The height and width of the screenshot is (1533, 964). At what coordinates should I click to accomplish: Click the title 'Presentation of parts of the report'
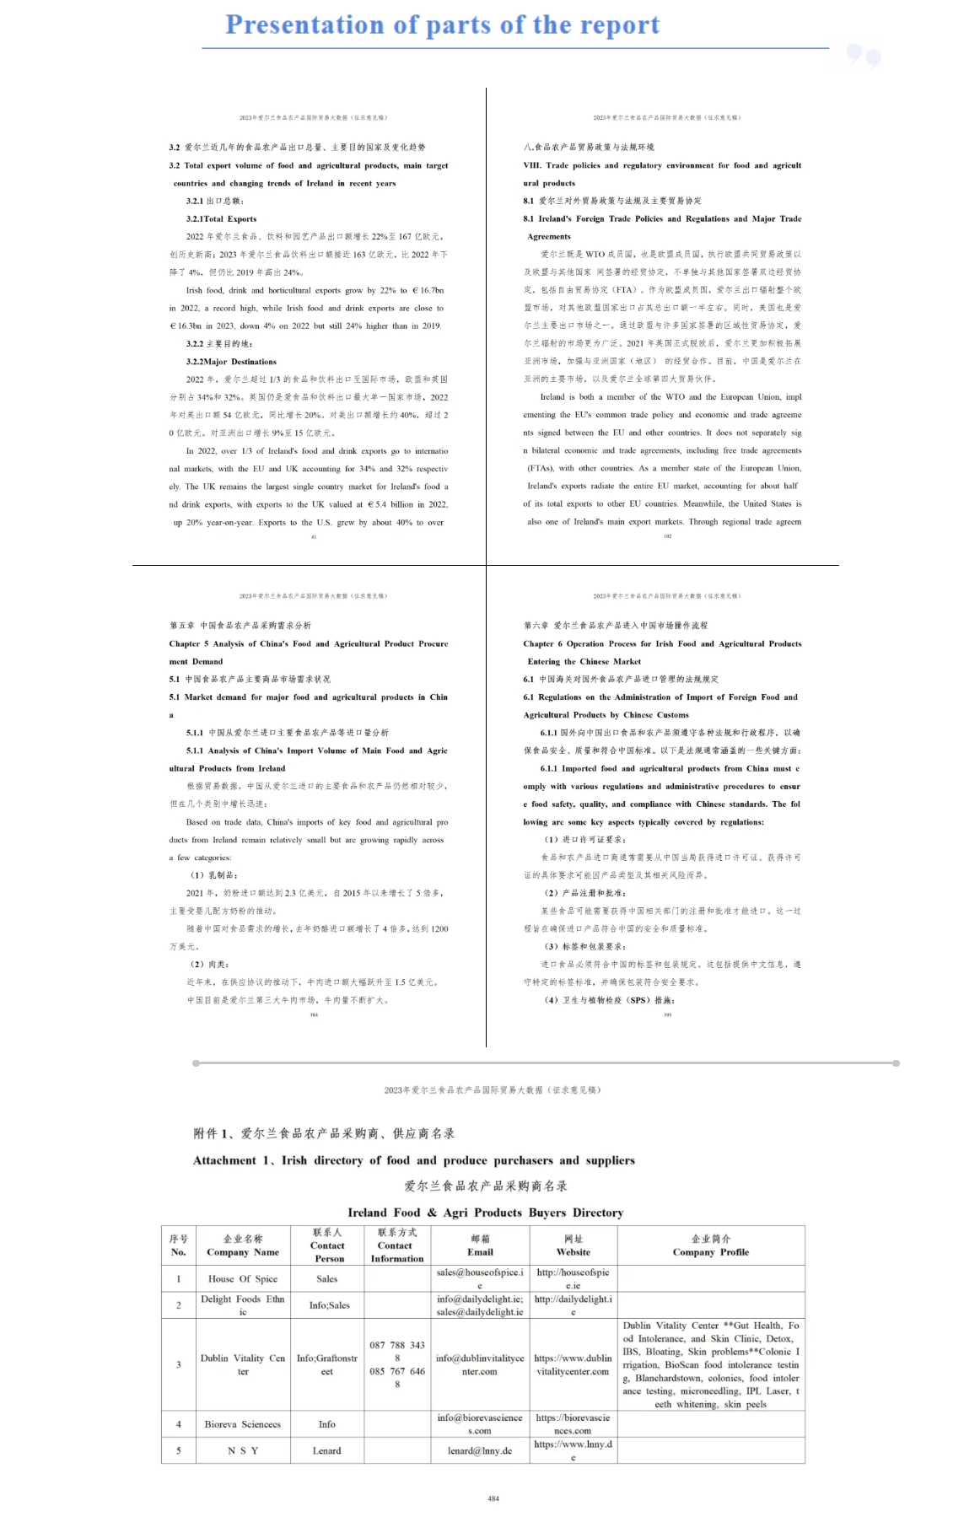tap(442, 25)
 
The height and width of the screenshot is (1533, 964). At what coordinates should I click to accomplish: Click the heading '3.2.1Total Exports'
tap(221, 218)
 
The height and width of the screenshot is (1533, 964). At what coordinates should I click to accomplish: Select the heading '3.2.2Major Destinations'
tap(231, 362)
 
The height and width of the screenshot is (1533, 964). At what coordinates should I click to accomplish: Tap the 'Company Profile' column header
tap(710, 1252)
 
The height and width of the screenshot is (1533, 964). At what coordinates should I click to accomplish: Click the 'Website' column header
tap(573, 1252)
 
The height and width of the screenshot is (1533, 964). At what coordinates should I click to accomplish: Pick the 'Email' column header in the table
tap(480, 1252)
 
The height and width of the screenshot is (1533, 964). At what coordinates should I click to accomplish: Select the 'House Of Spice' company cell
tap(243, 1278)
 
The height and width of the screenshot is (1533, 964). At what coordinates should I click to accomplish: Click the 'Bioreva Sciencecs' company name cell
tap(243, 1424)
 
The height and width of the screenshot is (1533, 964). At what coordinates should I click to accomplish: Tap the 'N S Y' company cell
tap(243, 1450)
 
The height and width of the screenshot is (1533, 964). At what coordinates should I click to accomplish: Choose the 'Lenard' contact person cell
tap(326, 1450)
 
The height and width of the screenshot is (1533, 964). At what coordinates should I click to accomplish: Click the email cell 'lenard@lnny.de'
tap(480, 1450)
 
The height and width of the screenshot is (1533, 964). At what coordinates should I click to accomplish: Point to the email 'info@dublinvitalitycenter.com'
tap(480, 1364)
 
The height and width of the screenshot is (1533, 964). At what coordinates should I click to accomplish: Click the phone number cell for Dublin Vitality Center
tap(397, 1364)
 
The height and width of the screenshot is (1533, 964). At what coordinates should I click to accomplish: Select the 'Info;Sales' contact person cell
tap(326, 1305)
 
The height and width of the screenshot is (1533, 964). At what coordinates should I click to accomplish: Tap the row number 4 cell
tap(179, 1424)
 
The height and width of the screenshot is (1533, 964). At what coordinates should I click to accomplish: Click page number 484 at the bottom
tap(493, 1498)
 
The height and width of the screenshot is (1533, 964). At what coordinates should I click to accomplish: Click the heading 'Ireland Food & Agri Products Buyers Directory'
tap(485, 1213)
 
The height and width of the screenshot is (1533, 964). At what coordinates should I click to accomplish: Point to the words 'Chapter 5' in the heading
tap(188, 643)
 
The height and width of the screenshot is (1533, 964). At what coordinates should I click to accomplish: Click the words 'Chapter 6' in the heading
tap(542, 643)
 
